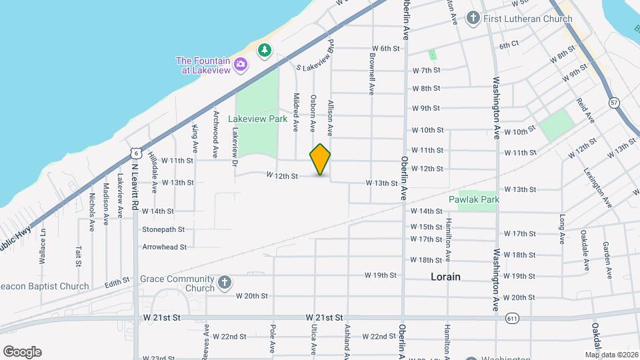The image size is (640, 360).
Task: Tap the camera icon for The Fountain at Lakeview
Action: (241, 65)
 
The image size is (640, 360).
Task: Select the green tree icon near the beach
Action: (265, 50)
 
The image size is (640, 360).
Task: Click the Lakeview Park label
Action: (257, 119)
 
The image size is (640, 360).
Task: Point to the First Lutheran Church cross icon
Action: (473, 18)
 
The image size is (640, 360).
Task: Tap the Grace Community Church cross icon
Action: (225, 283)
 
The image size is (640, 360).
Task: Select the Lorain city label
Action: (445, 276)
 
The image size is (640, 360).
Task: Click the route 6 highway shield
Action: (135, 153)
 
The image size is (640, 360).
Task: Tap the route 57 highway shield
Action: (614, 102)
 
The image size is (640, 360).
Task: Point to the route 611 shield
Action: (511, 318)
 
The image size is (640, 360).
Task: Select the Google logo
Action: (22, 352)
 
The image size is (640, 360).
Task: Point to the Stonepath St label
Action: (163, 229)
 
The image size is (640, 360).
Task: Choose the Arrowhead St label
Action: (164, 247)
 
